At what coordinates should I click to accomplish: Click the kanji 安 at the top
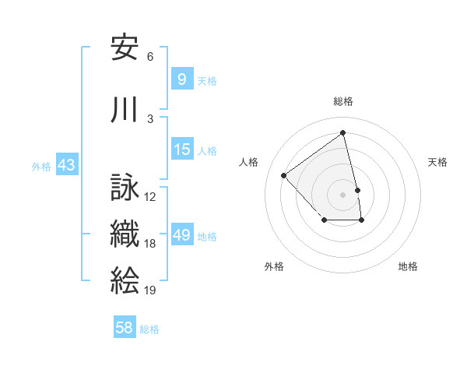pos(125,48)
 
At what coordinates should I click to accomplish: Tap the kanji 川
pos(125,110)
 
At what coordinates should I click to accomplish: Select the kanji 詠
pos(125,188)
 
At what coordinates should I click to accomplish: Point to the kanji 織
pos(125,234)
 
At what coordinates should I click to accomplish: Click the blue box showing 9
pos(181,79)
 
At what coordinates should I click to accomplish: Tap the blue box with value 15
pos(181,150)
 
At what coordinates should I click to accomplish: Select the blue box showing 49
pos(181,235)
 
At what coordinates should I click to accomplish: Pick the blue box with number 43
pos(65,165)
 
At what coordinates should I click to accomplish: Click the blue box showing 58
pos(125,328)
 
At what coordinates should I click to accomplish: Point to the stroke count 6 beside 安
pos(150,57)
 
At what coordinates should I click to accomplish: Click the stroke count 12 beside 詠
pos(150,197)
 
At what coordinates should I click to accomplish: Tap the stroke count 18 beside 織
pos(150,244)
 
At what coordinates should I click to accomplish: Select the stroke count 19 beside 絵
pos(150,290)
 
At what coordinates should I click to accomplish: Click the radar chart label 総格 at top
pos(343,101)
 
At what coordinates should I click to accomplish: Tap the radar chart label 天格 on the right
pos(438,162)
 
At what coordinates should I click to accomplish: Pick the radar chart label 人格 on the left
pos(249,162)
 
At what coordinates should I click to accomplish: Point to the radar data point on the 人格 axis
pos(284,175)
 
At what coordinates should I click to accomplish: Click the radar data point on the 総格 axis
pos(343,133)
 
